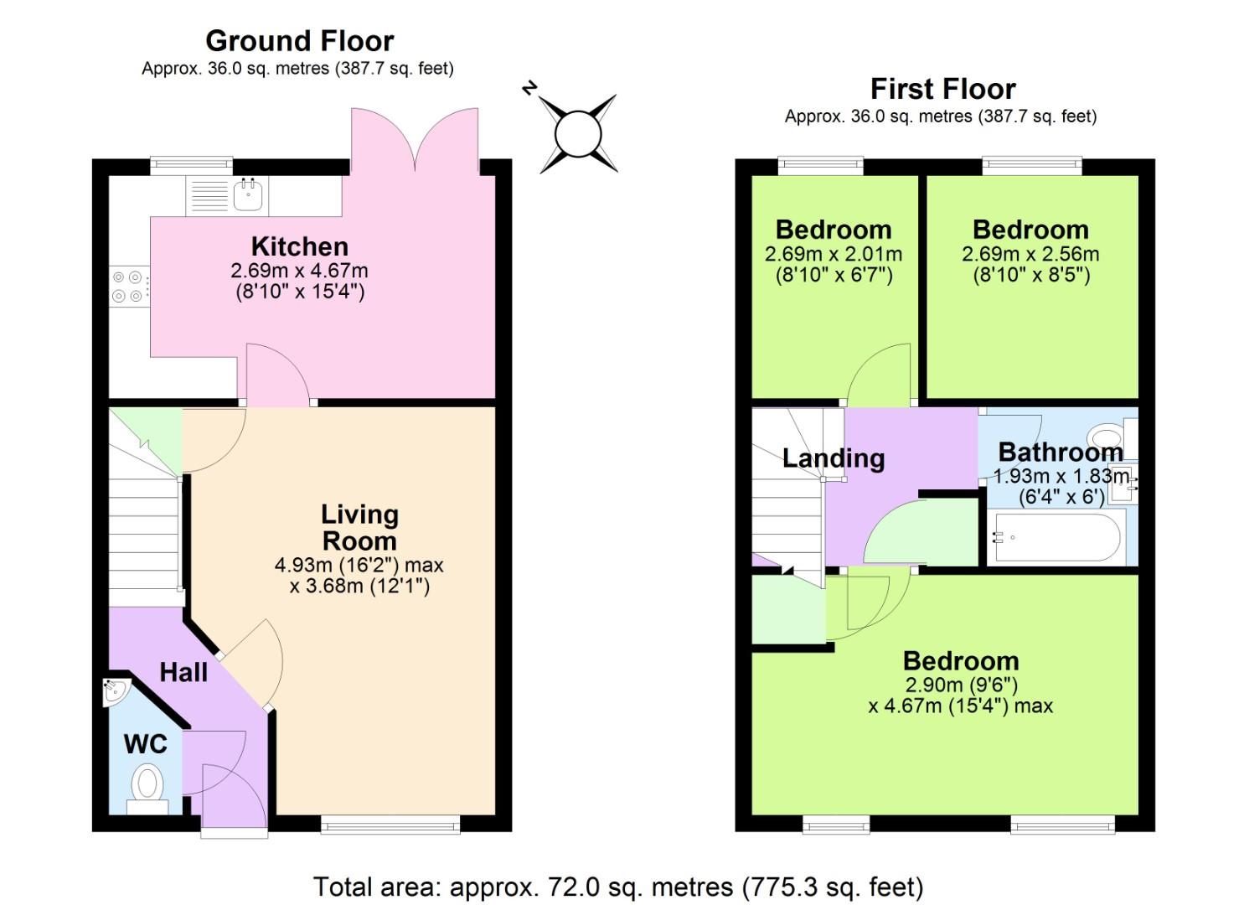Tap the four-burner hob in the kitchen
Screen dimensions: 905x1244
click(127, 286)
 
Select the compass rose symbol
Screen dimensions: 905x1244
click(578, 134)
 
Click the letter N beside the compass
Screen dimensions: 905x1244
click(529, 88)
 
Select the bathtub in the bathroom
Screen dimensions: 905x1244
click(1055, 536)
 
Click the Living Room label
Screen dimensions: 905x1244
click(359, 527)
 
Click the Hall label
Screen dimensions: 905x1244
click(183, 672)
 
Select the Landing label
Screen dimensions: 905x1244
click(833, 458)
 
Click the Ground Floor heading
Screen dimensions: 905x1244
click(299, 40)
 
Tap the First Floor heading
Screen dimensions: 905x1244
click(942, 89)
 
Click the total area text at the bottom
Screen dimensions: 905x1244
click(618, 886)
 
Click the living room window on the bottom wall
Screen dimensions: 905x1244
click(390, 825)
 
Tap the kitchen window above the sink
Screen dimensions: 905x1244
click(191, 165)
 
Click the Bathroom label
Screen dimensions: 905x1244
click(1060, 452)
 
